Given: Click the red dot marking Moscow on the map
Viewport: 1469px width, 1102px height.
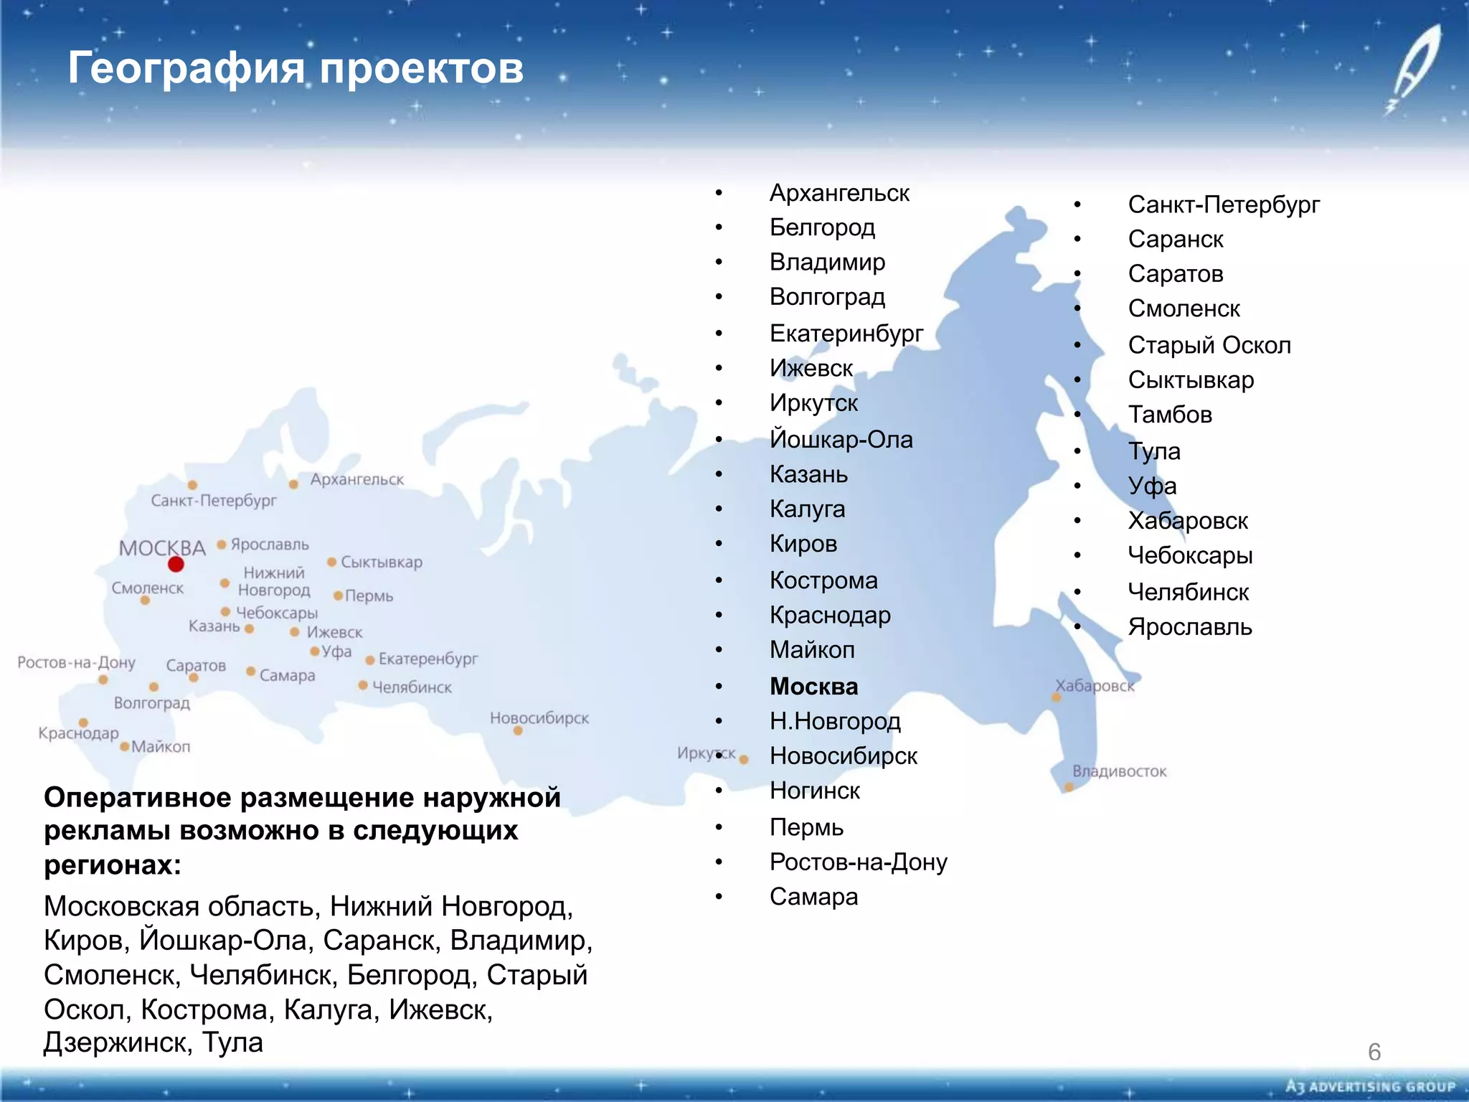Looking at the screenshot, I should coord(176,565).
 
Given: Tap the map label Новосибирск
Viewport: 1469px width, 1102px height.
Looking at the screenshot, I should coord(539,718).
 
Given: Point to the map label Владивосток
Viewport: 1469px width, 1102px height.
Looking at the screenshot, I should coord(1119,771).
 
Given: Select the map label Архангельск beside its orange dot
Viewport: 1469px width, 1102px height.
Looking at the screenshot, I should coord(356,479).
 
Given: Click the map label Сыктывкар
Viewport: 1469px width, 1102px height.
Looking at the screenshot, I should coord(382,562).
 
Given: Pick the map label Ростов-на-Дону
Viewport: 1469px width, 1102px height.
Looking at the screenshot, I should coord(76,662).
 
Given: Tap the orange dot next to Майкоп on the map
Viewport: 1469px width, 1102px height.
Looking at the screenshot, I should coord(125,747).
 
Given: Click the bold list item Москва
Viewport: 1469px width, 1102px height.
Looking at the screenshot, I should coord(813,687).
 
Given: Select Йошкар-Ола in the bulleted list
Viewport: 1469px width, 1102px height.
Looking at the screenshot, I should coord(841,439).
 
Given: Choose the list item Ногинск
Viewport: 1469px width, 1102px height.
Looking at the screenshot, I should coord(814,791).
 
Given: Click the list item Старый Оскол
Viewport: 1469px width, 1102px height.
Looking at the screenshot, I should coord(1209,345).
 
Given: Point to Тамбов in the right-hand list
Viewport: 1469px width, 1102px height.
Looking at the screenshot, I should coord(1170,415).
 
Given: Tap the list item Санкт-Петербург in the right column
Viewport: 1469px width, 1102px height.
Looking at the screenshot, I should coord(1224,204).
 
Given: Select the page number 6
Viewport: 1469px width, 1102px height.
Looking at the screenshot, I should coord(1374,1052).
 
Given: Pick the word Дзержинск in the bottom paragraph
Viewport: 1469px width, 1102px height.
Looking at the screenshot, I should coord(117,1042).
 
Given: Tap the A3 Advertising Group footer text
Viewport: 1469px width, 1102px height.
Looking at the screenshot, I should coord(1371,1087).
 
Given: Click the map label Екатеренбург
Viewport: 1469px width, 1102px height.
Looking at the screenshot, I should coord(428,659).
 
